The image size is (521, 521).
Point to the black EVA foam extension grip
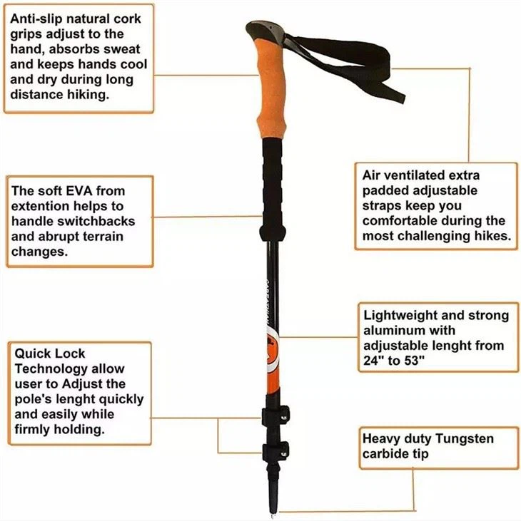point(275,185)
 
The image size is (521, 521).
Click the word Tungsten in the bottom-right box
point(465,439)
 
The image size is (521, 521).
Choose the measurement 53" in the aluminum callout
point(413,361)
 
